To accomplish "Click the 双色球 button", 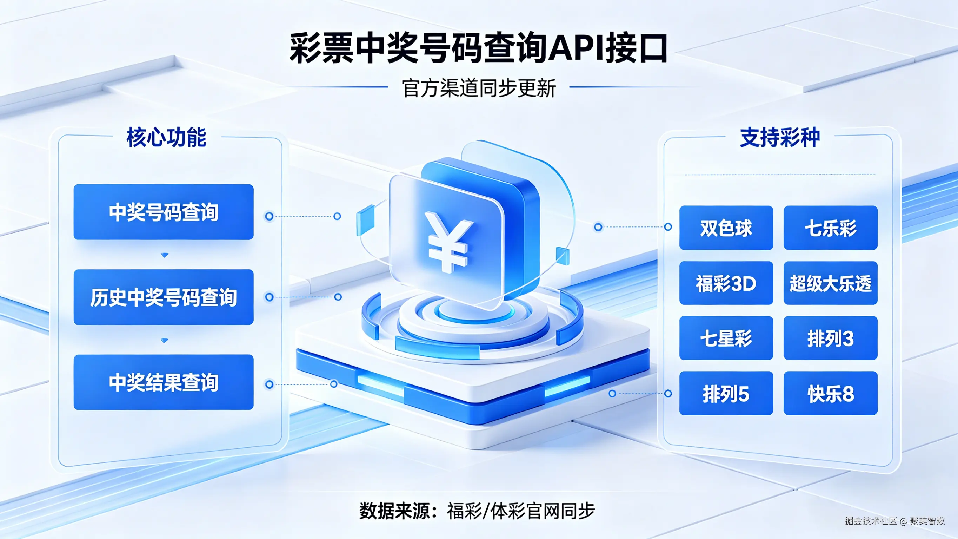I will click(726, 228).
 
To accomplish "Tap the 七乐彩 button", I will click(830, 228).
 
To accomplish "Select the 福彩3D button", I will click(726, 283).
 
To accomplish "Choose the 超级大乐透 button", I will click(830, 283).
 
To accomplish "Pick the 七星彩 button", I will click(726, 338).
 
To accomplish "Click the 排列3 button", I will click(830, 338).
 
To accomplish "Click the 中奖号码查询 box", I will click(164, 212).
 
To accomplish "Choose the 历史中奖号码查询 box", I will click(164, 297).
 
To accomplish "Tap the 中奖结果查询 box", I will click(164, 382).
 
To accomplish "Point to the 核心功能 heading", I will click(166, 137).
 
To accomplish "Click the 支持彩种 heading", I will click(780, 137).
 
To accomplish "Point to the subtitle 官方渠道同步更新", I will click(479, 88).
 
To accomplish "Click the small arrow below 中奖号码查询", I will click(164, 255).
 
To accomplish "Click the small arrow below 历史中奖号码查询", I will click(164, 340).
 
